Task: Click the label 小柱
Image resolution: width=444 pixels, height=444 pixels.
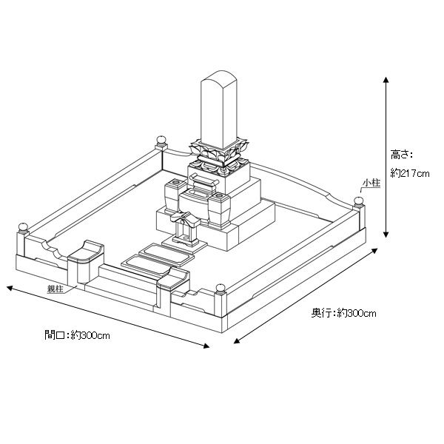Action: coord(371,181)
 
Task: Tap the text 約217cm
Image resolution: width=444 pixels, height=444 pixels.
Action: coord(409,173)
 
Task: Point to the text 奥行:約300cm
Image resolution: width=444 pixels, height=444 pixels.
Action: coord(343,313)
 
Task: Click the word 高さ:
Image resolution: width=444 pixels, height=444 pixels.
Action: coord(401,155)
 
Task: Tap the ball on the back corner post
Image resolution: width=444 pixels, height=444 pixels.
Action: coord(160,140)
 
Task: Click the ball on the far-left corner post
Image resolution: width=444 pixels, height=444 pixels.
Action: coord(23,226)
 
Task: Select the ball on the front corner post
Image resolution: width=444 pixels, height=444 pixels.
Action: coord(219,287)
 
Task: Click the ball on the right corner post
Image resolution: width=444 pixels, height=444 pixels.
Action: coord(358,200)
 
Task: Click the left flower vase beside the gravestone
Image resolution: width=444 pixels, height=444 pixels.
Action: coord(172,194)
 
